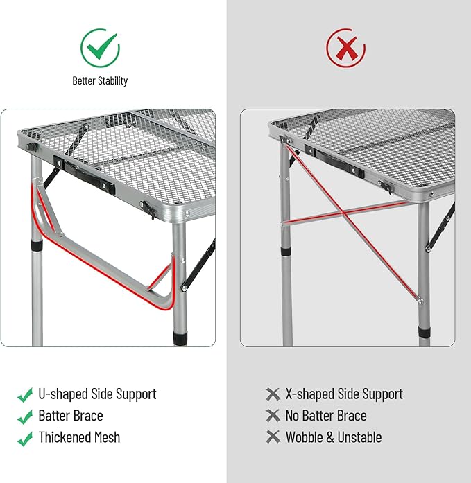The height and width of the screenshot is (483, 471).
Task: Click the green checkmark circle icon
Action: (100, 48)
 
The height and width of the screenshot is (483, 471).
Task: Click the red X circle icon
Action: (346, 48)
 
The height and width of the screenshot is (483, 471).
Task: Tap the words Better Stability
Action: (100, 80)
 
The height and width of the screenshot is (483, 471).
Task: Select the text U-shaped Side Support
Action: (97, 394)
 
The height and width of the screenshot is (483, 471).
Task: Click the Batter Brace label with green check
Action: (71, 416)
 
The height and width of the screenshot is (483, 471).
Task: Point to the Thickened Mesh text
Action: (79, 437)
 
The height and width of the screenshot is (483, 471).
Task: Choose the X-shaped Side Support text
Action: (344, 394)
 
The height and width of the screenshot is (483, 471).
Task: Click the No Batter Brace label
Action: (326, 416)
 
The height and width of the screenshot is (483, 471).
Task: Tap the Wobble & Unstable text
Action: (334, 437)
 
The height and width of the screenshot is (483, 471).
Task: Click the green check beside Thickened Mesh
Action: (25, 439)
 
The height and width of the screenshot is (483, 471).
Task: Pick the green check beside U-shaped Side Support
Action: (25, 395)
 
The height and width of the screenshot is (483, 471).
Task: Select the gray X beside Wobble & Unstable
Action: (273, 437)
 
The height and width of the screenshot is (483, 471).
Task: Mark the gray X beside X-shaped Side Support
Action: (273, 394)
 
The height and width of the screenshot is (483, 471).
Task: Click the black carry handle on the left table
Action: (84, 175)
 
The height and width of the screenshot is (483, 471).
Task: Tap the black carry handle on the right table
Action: (334, 161)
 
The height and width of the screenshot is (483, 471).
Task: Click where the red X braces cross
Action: (343, 212)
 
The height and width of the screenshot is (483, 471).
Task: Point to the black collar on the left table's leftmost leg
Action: (37, 245)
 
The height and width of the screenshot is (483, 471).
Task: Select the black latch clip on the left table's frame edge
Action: (148, 209)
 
